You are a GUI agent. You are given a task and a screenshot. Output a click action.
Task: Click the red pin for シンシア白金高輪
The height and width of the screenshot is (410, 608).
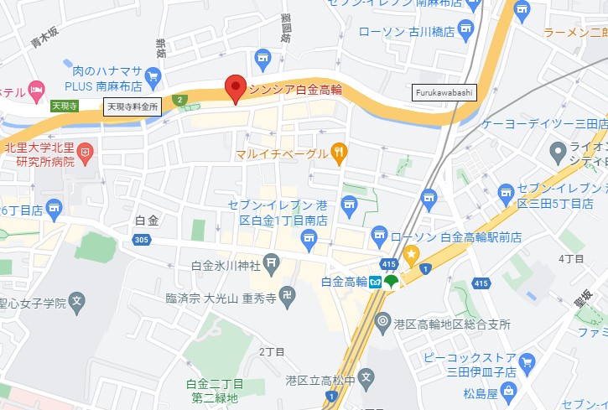click(x=236, y=88)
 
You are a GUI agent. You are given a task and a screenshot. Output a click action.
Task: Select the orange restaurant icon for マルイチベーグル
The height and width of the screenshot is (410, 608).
click(x=339, y=152)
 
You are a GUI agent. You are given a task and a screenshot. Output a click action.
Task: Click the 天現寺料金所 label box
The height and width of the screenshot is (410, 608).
click(x=132, y=106)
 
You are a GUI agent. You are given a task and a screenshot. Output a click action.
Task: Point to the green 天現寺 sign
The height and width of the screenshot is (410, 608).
click(x=65, y=106)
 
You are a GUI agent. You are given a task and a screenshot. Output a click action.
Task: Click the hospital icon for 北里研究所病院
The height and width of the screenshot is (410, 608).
click(x=86, y=153)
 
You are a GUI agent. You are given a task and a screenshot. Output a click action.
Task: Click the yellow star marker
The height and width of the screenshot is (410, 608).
click(x=411, y=253)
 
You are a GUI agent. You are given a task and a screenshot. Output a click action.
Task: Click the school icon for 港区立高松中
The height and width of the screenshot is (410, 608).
click(x=366, y=378)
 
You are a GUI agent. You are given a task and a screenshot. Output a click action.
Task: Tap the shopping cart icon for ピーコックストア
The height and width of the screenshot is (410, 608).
click(x=527, y=362)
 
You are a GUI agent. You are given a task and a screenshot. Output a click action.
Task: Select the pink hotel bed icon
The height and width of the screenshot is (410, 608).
click(x=36, y=89)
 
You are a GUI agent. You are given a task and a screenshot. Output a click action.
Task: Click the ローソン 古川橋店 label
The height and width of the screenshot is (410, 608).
click(x=406, y=32)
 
